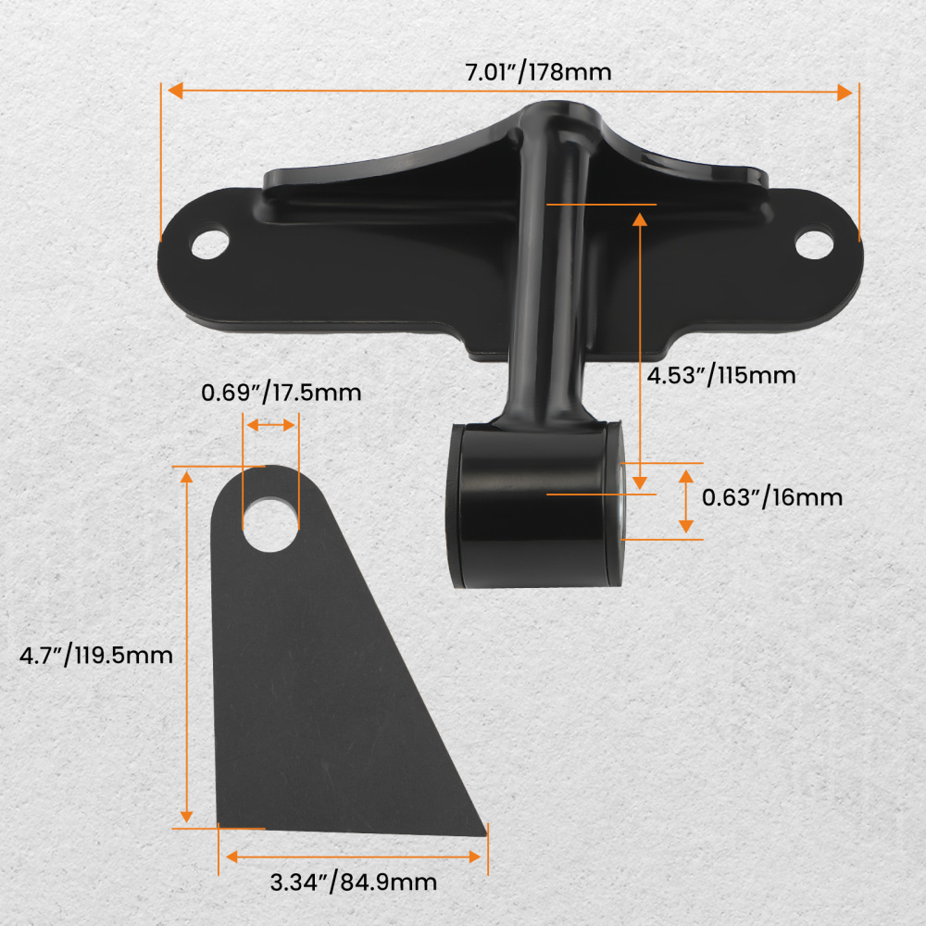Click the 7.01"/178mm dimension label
point(538,71)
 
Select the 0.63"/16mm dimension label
point(772,497)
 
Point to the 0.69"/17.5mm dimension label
point(282,393)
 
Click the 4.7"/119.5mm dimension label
point(96,656)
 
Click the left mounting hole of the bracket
point(209,243)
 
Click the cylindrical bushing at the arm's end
point(532,505)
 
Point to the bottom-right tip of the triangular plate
point(484,830)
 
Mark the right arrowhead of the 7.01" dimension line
point(845,92)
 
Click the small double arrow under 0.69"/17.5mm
point(270,424)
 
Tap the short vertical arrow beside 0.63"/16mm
point(685,501)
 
